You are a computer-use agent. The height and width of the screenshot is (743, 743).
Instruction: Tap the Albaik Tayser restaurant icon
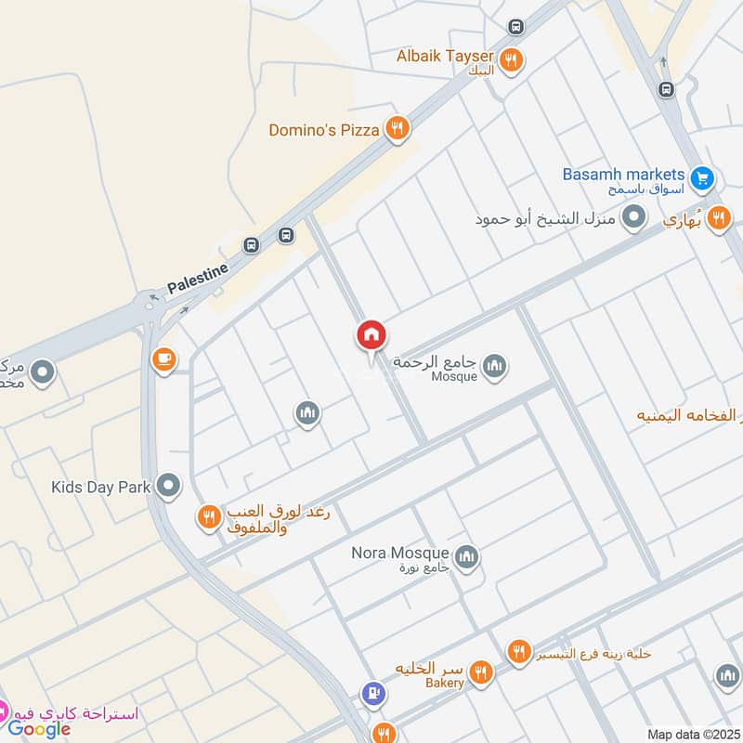[x=510, y=61]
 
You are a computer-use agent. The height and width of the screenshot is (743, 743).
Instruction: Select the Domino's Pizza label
[x=324, y=130]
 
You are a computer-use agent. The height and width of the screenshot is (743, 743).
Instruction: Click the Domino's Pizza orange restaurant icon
[x=398, y=129]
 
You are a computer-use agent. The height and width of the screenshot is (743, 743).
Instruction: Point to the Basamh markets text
[x=623, y=175]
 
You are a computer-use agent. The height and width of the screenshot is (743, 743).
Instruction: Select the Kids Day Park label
[x=100, y=486]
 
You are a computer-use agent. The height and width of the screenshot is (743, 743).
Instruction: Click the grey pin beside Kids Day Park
[x=168, y=485]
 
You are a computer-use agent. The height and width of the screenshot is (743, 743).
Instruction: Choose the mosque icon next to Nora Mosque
[x=466, y=557]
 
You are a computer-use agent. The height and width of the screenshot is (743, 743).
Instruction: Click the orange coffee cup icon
[x=163, y=358]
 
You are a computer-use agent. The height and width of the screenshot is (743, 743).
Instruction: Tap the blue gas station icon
[x=373, y=692]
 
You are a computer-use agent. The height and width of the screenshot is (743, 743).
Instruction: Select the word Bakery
[x=446, y=683]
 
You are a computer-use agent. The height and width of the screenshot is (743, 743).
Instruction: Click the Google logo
[x=39, y=729]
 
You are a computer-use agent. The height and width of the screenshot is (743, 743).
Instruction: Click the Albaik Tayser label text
[x=446, y=57]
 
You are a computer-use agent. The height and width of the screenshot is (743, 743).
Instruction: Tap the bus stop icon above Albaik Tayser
[x=515, y=27]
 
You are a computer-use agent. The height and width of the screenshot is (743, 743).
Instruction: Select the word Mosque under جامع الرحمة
[x=454, y=376]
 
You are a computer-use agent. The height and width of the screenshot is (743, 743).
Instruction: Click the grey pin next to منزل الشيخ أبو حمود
[x=634, y=218]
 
